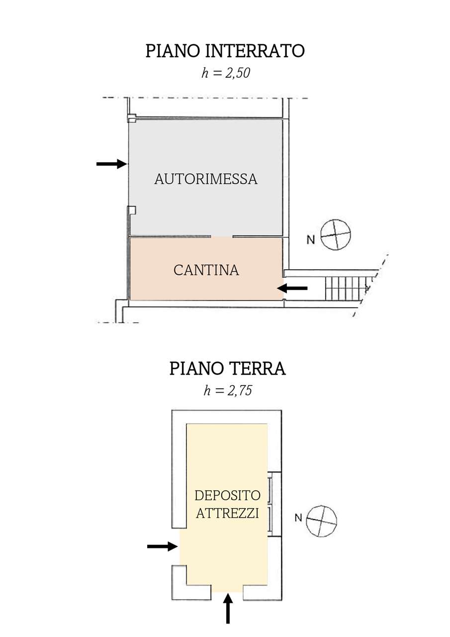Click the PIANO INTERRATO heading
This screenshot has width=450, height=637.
pos(225,51)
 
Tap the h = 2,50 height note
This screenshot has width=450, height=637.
pos(226,73)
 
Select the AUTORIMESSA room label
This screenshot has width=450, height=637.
pos(206,179)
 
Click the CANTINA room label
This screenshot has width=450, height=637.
pos(206,270)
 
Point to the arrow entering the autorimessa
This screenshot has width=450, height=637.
pos(112,164)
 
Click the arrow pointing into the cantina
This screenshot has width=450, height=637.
pos(292,288)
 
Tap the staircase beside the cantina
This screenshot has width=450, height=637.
pos(348,288)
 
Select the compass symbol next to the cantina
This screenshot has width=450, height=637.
pos(336,234)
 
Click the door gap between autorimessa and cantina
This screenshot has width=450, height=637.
pos(222,236)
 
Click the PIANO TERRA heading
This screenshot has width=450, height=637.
pos(228,369)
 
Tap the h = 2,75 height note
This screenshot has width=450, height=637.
pos(228,391)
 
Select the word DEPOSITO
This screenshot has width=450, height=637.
pos(228,496)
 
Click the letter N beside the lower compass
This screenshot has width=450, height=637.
pos(298,518)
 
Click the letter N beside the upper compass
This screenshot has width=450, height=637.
pos(311,240)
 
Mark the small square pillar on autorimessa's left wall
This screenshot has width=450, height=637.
pos(132,210)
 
